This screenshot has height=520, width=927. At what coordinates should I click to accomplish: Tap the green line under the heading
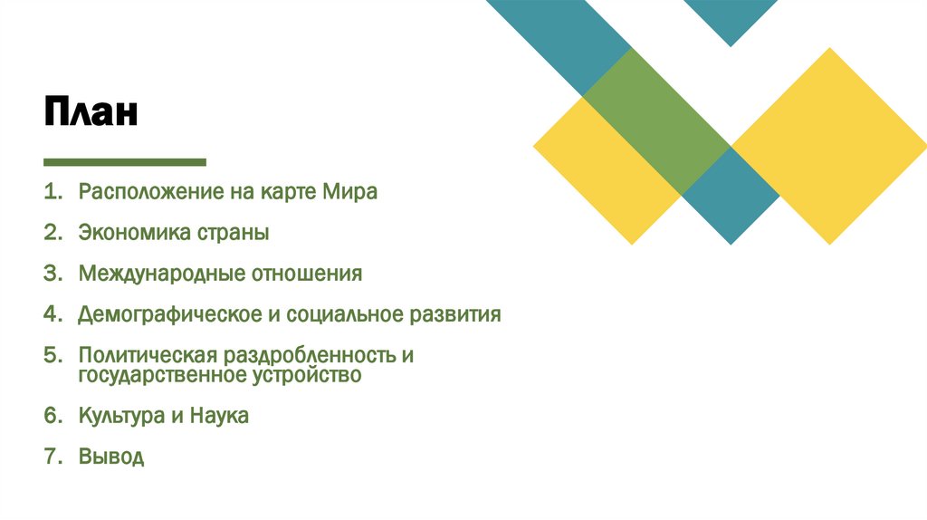click(125, 162)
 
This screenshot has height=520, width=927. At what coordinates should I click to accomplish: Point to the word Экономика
click(133, 233)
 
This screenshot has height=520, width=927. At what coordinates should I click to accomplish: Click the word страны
click(233, 233)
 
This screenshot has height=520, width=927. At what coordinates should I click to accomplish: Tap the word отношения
click(307, 274)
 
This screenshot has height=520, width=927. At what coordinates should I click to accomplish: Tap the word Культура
click(118, 416)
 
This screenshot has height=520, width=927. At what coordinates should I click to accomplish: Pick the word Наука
click(220, 416)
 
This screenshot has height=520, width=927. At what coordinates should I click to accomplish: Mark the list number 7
click(51, 457)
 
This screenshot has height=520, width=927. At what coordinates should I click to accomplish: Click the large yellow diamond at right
click(829, 145)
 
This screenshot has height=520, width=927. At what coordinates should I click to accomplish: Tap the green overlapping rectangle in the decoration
click(657, 120)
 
